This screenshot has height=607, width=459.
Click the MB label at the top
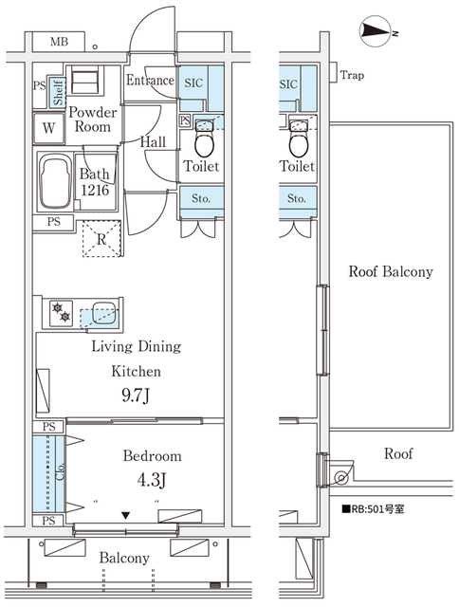59,43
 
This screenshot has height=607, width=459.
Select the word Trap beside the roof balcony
353,73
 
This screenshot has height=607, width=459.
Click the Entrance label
151,81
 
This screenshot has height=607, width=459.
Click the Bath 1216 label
95,182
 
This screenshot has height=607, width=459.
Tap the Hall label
154,141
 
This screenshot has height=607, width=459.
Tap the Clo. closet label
59,471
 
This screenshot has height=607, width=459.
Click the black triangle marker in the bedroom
124,515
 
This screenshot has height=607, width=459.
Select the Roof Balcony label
390,272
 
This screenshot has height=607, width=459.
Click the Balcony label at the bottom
124,558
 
